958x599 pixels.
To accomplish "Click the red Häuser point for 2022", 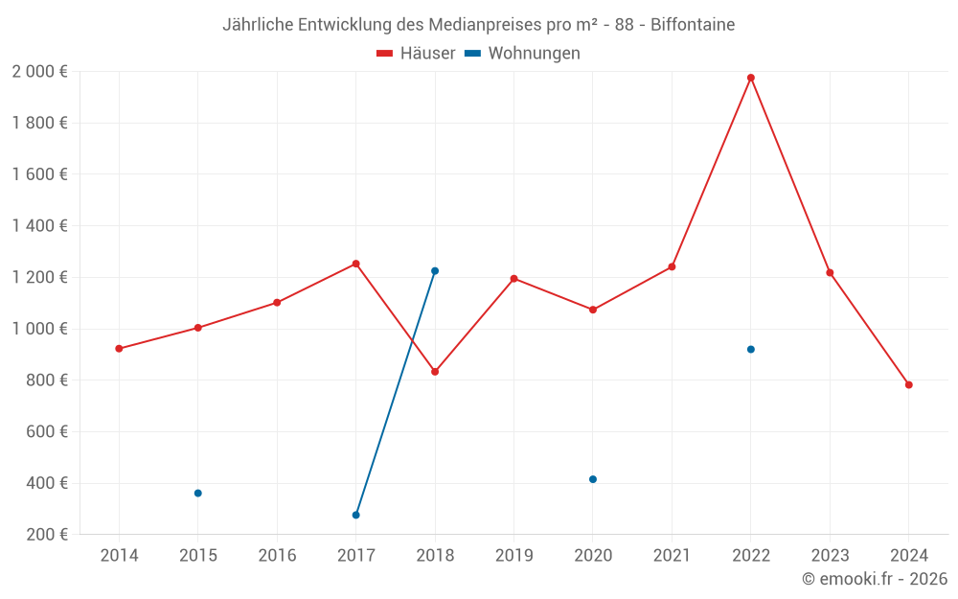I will tap(751, 78).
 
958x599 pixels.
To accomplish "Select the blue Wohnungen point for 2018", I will tap(435, 271).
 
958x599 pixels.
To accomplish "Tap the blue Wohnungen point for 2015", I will tap(198, 494).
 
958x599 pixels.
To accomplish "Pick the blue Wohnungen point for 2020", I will tap(593, 479).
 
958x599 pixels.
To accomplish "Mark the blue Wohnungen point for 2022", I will tap(751, 349).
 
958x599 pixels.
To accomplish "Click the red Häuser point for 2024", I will tap(909, 385).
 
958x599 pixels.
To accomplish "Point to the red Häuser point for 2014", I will tap(119, 349).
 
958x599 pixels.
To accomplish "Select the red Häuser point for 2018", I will tap(435, 372).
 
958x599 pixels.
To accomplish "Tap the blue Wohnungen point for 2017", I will tap(356, 516).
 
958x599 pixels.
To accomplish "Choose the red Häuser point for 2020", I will tap(593, 310).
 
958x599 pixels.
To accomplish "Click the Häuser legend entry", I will tap(417, 54).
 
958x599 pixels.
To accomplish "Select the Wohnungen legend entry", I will tap(523, 54).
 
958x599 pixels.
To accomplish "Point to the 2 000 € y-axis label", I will tap(39, 72).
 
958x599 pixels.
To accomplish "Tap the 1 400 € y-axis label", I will tap(39, 226).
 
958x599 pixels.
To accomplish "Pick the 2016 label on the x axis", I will tap(277, 556).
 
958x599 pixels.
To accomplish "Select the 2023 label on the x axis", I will tap(830, 556).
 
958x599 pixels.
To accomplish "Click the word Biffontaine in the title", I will tap(693, 25).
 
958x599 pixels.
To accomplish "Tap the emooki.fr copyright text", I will tap(875, 579).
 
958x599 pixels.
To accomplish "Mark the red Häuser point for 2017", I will tap(356, 264).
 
